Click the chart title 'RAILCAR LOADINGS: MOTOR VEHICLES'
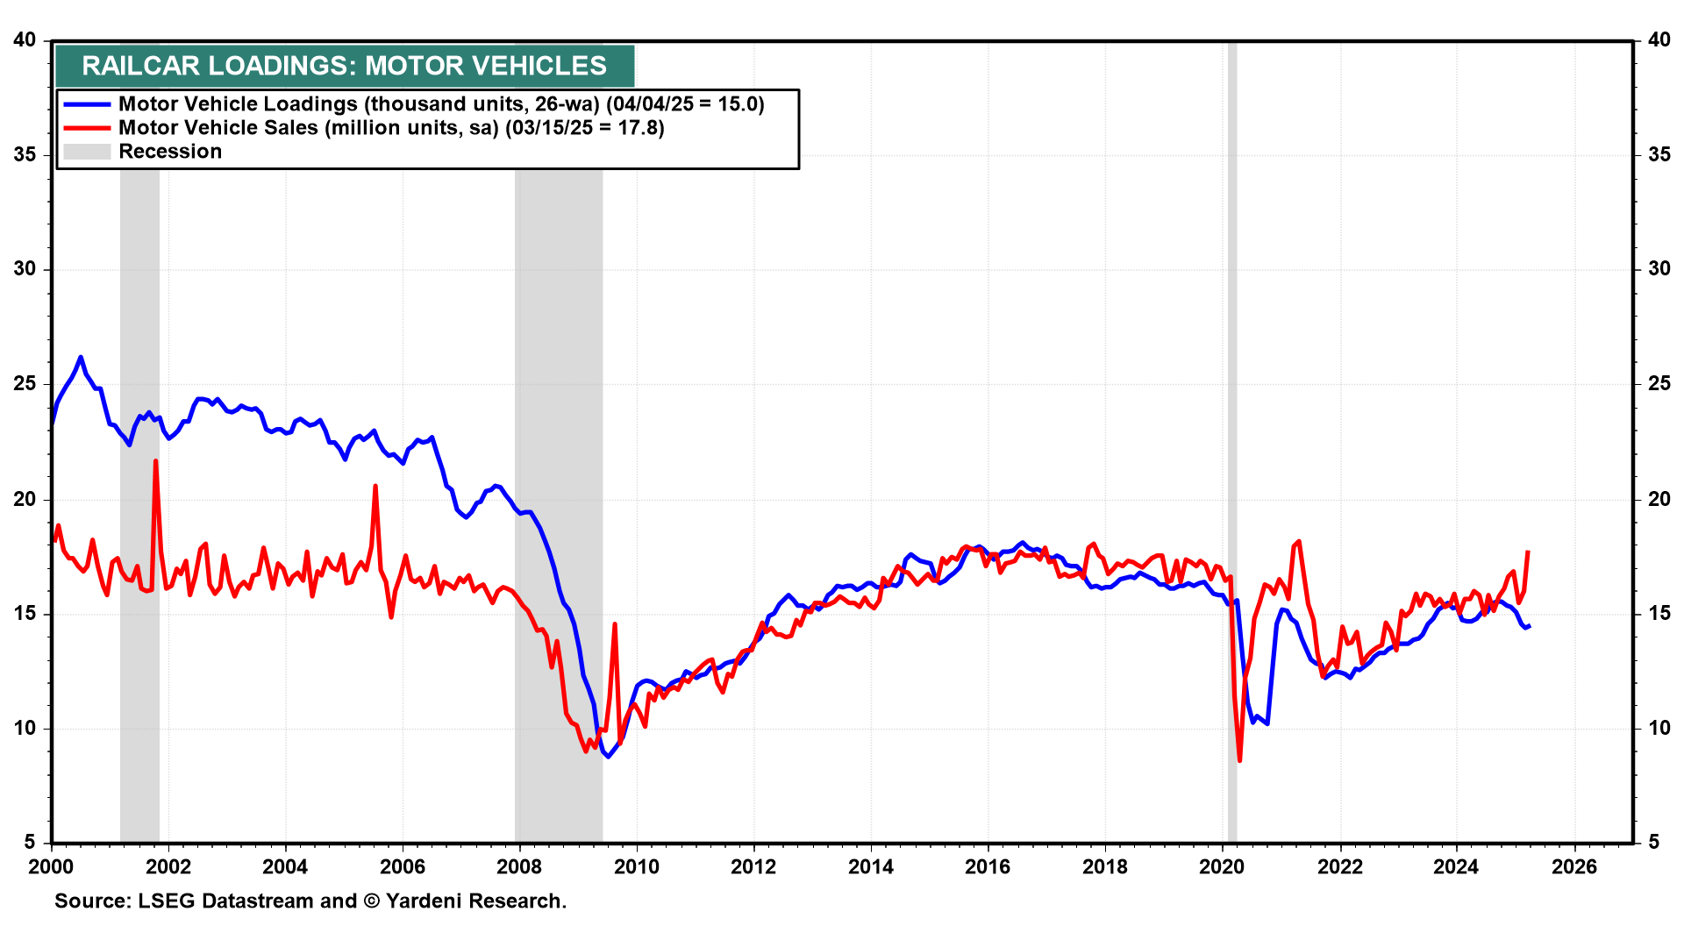coord(344,66)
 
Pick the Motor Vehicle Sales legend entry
coord(391,128)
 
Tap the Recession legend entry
coord(170,152)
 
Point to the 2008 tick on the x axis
coord(519,867)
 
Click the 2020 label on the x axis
coord(1222,867)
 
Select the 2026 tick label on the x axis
coord(1573,867)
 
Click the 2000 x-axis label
coord(52,867)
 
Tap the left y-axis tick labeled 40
coord(25,40)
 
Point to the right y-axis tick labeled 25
coord(1659,384)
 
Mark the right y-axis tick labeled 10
coord(1659,728)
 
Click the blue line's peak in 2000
coord(81,357)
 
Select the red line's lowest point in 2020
coord(1239,760)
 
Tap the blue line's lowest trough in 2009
coord(608,756)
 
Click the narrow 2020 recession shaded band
coord(1231,438)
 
